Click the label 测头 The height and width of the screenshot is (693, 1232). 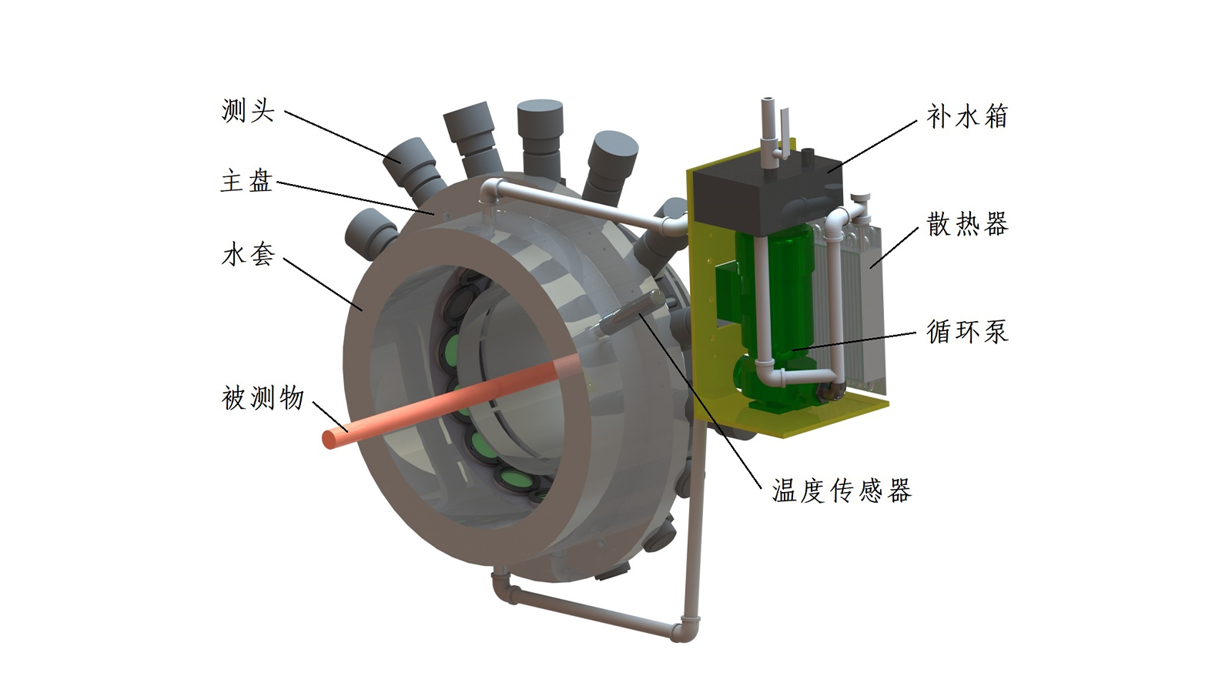pyautogui.click(x=247, y=111)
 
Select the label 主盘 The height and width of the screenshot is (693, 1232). pyautogui.click(x=247, y=181)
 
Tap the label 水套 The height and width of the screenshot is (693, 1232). pyautogui.click(x=248, y=255)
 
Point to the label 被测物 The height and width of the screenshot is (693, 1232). pyautogui.click(x=263, y=397)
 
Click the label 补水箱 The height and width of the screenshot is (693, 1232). pyautogui.click(x=967, y=116)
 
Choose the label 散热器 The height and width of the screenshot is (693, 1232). pyautogui.click(x=967, y=224)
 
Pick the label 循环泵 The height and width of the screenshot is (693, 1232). pyautogui.click(x=967, y=332)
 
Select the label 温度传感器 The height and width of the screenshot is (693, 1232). pyautogui.click(x=842, y=490)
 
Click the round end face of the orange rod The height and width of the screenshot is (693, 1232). pyautogui.click(x=330, y=440)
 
